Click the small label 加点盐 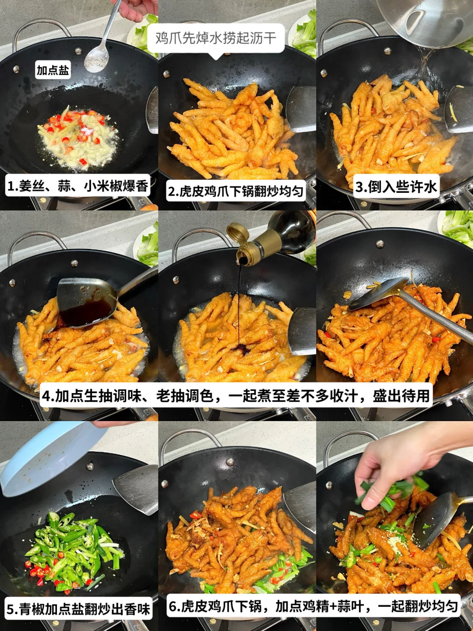tap(53, 70)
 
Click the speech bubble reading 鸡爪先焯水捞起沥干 tap(216, 38)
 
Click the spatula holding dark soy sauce tap(86, 304)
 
